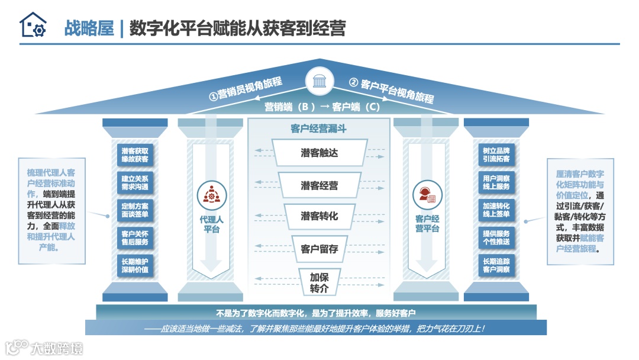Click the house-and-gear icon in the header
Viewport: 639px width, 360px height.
tap(33, 25)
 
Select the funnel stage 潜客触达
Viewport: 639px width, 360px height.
tap(319, 153)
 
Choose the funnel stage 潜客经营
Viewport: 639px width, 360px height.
tap(319, 185)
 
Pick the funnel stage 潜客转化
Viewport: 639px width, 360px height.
tap(319, 216)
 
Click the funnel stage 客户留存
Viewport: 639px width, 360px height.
tap(319, 249)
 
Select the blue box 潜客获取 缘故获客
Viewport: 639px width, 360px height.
tap(135, 155)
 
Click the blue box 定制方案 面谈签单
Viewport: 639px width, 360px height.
tap(135, 210)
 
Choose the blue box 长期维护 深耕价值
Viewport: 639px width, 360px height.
tap(135, 265)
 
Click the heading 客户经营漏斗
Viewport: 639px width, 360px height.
tap(319, 128)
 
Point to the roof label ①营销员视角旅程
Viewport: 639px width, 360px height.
tap(246, 88)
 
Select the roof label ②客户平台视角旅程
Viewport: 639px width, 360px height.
tap(392, 89)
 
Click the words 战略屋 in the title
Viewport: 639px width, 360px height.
tap(89, 28)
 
